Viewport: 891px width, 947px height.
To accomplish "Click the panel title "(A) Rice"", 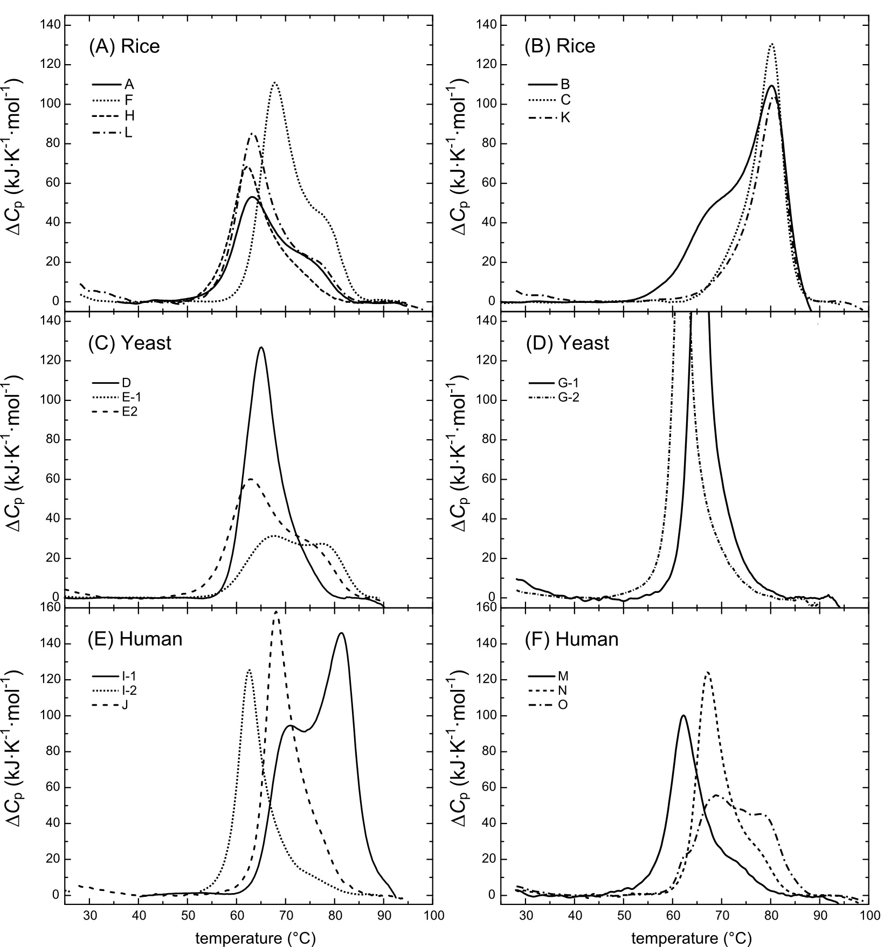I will (124, 46).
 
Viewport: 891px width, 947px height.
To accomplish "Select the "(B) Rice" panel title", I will (560, 46).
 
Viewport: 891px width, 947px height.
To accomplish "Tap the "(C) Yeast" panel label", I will (129, 343).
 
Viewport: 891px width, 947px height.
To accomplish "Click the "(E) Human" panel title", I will (135, 639).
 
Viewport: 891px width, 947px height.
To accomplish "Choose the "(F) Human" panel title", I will (571, 639).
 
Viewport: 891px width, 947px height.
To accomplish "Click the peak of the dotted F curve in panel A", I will (275, 82).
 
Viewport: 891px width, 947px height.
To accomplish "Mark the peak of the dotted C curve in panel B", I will (772, 44).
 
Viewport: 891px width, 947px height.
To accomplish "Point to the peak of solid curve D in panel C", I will (261, 348).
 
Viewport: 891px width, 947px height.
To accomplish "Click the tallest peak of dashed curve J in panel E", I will (277, 612).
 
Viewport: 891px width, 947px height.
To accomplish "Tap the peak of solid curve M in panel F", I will (683, 716).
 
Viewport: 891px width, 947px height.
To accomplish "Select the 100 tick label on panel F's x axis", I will (869, 915).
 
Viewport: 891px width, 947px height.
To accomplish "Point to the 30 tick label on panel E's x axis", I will (89, 915).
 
